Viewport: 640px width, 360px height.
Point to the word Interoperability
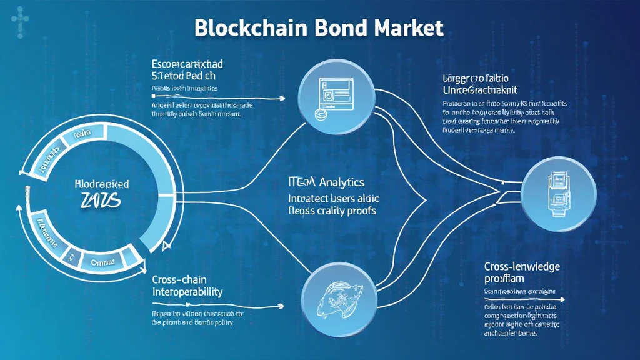coord(187,292)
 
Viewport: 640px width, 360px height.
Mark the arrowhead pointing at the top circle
coord(282,98)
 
